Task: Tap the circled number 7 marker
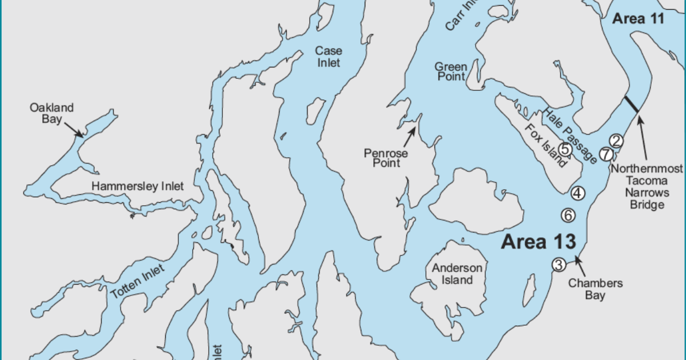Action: coord(606,154)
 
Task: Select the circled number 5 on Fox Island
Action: coord(565,149)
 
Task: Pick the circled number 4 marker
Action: coord(578,193)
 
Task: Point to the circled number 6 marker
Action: coord(568,215)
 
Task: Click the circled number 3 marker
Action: coord(559,264)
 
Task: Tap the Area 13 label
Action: coord(538,242)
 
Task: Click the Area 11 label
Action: coord(638,19)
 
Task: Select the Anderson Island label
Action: coord(452,274)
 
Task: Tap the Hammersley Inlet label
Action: coord(138,186)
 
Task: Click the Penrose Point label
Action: coord(386,158)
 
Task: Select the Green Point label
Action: coord(451,72)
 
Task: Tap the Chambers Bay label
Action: coord(587,289)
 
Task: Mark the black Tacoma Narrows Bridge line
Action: coord(632,104)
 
